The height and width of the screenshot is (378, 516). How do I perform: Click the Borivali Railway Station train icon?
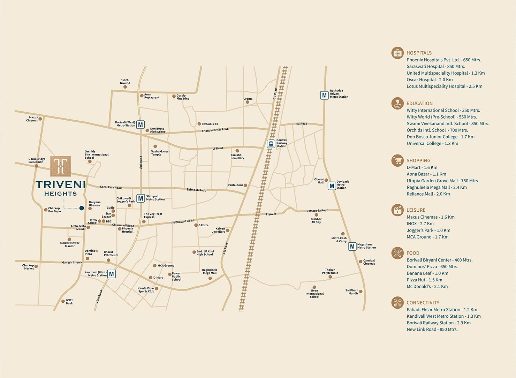[271, 144]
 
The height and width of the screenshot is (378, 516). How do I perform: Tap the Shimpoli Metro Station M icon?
[141, 198]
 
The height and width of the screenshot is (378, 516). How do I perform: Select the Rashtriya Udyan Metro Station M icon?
[324, 95]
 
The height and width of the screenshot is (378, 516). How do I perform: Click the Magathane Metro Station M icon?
[352, 247]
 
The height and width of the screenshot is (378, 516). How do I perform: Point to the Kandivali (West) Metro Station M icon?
[111, 274]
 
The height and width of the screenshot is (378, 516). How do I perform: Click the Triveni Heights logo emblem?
[60, 166]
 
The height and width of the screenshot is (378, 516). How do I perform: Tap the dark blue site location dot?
[82, 208]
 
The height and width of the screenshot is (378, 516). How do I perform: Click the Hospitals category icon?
[397, 53]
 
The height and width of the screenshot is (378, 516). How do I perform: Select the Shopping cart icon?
[397, 160]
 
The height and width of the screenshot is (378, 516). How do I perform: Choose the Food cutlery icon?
[397, 253]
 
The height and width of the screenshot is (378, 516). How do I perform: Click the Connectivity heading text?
[423, 303]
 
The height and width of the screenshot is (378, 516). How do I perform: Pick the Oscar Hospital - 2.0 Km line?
[430, 80]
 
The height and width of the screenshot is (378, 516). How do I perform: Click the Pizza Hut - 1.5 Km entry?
[424, 280]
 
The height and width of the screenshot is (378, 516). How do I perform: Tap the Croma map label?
[248, 99]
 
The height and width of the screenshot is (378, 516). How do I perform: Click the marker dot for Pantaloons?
[245, 185]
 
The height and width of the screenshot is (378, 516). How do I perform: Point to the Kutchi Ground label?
[125, 82]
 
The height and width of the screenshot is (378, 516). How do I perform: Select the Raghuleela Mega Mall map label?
[210, 271]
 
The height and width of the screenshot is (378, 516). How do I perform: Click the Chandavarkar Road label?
[215, 130]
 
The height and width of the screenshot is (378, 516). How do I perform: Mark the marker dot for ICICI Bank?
[63, 301]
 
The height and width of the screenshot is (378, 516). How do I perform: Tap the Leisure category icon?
[397, 210]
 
